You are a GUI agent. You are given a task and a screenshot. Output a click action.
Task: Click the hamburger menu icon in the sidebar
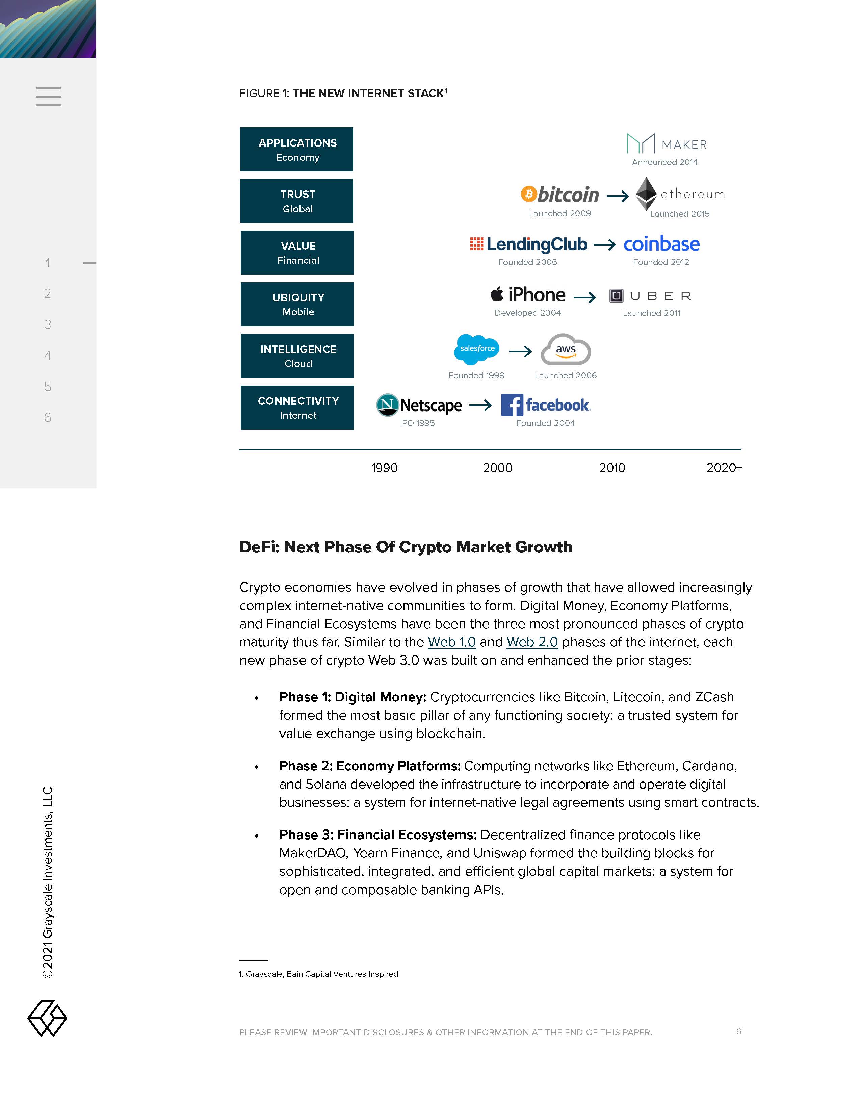click(x=49, y=97)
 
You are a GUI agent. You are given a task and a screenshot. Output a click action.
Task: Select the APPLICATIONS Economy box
click(x=297, y=150)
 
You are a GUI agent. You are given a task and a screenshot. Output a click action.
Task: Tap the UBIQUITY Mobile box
click(x=297, y=304)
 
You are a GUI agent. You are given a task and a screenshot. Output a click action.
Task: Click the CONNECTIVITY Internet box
click(x=297, y=407)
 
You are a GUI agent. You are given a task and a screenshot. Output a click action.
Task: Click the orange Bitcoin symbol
click(x=528, y=194)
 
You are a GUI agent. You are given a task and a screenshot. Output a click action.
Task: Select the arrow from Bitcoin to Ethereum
click(x=617, y=196)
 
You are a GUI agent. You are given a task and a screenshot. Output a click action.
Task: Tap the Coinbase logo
click(x=661, y=244)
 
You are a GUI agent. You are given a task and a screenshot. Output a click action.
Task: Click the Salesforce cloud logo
click(x=476, y=349)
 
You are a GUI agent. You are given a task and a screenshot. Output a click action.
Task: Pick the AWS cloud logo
click(x=566, y=350)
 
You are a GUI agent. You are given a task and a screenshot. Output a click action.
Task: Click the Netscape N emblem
click(x=387, y=405)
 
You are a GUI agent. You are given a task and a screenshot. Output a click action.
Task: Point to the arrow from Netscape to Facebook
click(x=480, y=405)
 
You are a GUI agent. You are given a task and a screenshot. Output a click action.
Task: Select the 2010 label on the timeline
click(x=611, y=468)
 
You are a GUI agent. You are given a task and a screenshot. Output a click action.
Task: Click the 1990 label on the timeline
click(x=384, y=468)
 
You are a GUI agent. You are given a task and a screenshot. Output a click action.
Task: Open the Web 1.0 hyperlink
click(x=451, y=642)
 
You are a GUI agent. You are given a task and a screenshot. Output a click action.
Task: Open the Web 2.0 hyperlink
click(x=532, y=642)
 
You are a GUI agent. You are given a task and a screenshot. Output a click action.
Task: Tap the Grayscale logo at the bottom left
click(x=47, y=1018)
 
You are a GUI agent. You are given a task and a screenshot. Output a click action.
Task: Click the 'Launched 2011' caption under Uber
click(x=651, y=313)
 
